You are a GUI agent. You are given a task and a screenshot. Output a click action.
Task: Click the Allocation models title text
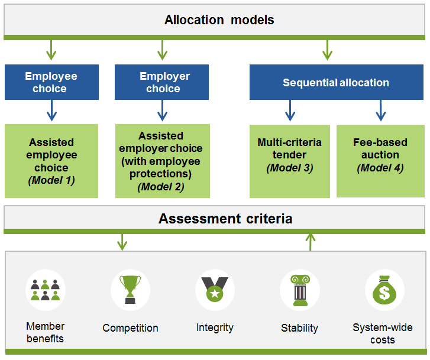[x=219, y=20]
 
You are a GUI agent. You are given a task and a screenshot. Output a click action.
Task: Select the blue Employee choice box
[x=51, y=82]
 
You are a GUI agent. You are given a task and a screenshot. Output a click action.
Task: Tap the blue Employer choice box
[x=161, y=82]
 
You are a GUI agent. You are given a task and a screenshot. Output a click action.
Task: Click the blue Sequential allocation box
[x=335, y=82]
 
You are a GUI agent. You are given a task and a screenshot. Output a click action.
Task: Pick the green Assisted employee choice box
[x=51, y=161]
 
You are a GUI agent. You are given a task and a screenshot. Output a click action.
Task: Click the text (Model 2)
[x=161, y=187]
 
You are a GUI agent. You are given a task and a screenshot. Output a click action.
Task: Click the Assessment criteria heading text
[x=225, y=219]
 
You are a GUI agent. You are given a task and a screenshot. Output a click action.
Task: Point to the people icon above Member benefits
[x=46, y=291]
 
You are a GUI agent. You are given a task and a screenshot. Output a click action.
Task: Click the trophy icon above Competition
[x=130, y=290]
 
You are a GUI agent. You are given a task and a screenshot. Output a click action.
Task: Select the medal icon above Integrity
[x=215, y=290]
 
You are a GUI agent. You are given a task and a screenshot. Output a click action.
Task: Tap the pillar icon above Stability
[x=299, y=290]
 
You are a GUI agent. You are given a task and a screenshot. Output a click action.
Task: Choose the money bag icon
[x=384, y=290]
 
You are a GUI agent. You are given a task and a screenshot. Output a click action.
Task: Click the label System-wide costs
[x=383, y=334]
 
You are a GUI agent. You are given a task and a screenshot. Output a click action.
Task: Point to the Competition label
[x=130, y=328]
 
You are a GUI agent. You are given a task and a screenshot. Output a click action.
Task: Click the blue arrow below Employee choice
[x=51, y=111]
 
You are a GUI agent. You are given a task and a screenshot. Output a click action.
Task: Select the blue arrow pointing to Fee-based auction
[x=381, y=111]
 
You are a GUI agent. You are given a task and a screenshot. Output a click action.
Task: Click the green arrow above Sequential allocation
[x=327, y=50]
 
